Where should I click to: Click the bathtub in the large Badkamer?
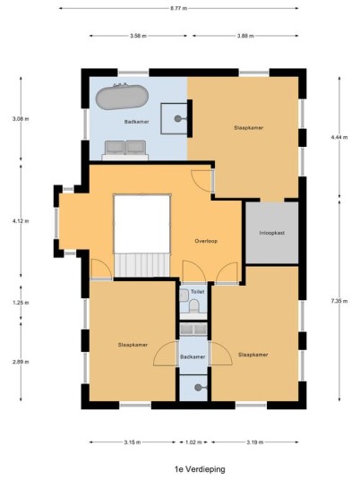122,97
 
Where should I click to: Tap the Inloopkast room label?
272,233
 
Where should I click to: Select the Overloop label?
206,241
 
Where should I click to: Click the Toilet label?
197,292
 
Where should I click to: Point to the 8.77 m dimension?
179,9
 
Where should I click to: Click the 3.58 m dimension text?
138,36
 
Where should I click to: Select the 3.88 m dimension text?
245,36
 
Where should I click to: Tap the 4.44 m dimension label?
339,137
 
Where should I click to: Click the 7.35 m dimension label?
339,301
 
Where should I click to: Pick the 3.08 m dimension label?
21,119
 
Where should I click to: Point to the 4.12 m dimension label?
21,221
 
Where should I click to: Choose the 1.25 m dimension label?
21,303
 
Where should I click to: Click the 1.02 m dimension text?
193,442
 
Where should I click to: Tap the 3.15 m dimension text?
133,442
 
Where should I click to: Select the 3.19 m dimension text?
254,442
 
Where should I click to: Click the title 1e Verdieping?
200,469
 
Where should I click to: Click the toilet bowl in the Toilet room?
193,306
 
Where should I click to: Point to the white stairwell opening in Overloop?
141,224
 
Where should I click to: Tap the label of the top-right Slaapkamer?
249,128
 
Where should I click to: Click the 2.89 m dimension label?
21,362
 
